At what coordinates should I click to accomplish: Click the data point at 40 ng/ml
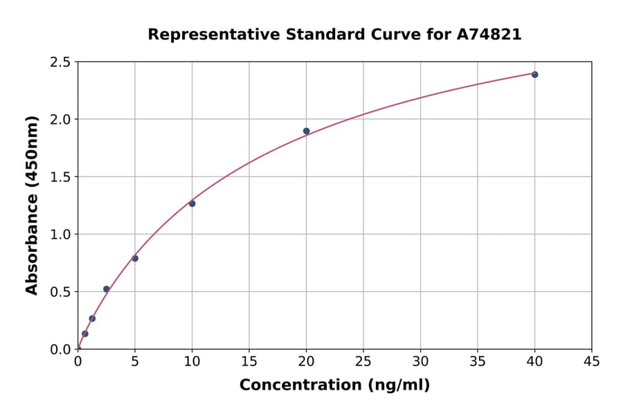tap(534, 75)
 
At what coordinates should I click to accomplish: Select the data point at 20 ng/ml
tap(306, 131)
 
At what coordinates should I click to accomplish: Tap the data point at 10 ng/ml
tap(192, 203)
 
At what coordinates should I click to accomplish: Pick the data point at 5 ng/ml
tap(135, 259)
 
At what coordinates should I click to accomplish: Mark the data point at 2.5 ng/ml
tap(106, 289)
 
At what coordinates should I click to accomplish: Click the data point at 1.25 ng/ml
tap(92, 318)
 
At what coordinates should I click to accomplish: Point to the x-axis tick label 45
tap(592, 361)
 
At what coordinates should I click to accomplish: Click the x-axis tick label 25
tap(363, 361)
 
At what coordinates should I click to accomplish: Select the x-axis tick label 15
tap(249, 361)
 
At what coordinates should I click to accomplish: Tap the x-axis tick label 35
tap(478, 361)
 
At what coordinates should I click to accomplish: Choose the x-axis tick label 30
tap(420, 361)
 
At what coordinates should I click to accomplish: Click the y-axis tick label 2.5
tap(60, 62)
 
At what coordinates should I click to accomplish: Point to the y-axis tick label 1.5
tap(60, 177)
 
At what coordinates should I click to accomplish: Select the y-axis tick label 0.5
tap(60, 292)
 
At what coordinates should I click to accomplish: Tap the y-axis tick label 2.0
tap(60, 120)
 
